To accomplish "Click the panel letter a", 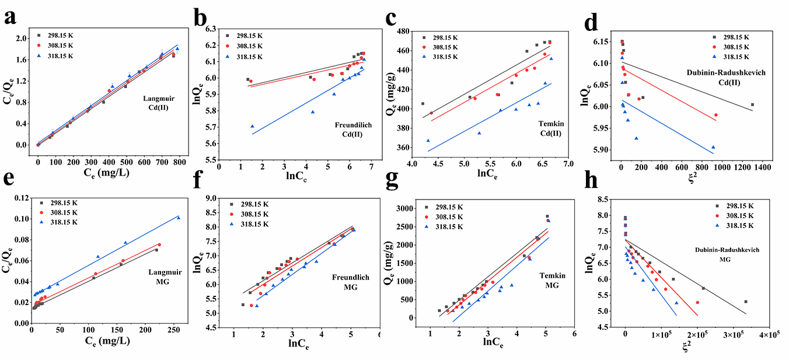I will point(11,18).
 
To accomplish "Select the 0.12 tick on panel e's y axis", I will point(20,198).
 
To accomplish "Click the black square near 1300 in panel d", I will point(752,104).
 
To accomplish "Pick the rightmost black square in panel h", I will point(745,302).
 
